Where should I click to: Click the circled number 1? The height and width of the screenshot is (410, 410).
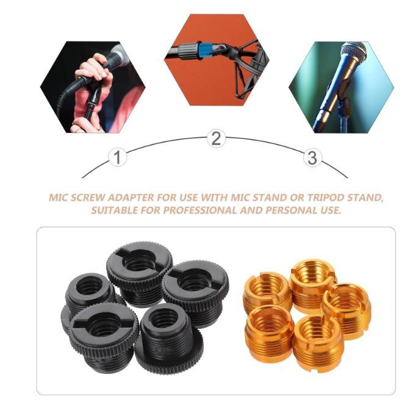[118, 157]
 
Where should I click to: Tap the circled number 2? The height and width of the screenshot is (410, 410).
[216, 138]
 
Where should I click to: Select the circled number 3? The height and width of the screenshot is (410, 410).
[312, 158]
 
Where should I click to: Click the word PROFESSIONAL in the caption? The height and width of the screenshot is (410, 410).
[200, 210]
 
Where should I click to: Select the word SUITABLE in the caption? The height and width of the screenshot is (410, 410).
[115, 210]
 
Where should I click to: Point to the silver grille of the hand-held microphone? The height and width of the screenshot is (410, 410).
[121, 55]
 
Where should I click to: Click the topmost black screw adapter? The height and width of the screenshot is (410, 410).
[140, 273]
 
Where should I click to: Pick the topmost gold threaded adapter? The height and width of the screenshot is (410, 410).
[312, 284]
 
